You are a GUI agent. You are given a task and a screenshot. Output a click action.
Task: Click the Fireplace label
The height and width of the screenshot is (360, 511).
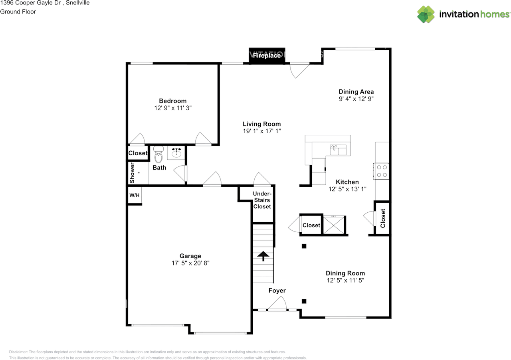[x=267, y=55]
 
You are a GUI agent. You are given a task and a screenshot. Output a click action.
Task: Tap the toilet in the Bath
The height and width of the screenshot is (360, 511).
[x=158, y=154]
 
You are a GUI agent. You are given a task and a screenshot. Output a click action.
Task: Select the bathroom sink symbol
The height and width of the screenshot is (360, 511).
[x=176, y=152]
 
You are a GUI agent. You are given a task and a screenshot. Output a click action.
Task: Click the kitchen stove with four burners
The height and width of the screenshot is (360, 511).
[x=381, y=171]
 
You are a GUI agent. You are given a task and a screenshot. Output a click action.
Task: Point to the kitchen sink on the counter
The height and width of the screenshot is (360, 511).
[x=338, y=150]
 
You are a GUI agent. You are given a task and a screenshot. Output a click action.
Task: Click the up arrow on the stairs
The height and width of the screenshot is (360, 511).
[x=263, y=256]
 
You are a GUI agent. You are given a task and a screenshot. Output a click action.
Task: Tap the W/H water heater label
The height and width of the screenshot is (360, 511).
[x=135, y=195]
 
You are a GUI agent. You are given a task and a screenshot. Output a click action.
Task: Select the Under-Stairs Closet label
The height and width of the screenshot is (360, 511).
[x=262, y=200]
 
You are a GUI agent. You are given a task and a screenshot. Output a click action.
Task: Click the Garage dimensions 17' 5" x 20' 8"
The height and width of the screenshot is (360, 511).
[x=190, y=263]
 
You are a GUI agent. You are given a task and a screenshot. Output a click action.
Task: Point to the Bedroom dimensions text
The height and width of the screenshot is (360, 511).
[x=173, y=108]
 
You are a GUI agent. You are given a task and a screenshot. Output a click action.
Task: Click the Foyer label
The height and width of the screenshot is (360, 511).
[x=277, y=291]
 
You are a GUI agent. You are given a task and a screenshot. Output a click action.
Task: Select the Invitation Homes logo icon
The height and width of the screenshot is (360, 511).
[x=426, y=14]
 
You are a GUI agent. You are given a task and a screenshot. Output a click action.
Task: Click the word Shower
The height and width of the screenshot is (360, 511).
[x=132, y=173]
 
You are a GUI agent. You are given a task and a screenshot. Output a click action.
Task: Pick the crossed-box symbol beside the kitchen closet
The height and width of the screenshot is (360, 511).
[x=334, y=225]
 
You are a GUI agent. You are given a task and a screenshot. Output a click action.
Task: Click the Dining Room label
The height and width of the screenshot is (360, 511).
[x=345, y=273]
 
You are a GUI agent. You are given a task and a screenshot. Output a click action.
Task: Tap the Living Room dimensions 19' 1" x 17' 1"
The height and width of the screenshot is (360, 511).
[x=261, y=131]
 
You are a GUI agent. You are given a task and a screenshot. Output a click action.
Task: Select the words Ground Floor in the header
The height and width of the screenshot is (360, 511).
[x=18, y=12]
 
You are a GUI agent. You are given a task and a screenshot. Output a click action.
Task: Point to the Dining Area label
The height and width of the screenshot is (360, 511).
[x=356, y=92]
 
